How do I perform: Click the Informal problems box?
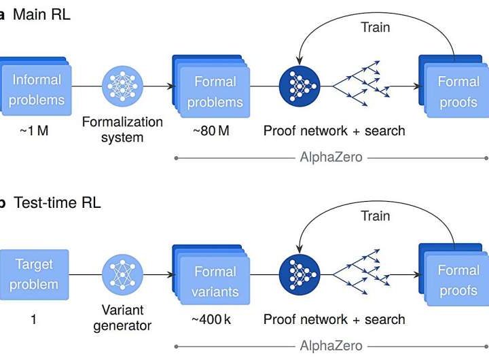point(35,90)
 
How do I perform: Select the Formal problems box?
point(215,92)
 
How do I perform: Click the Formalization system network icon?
point(122,87)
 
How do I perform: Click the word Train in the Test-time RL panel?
point(375,216)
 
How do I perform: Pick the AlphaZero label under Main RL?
point(331,158)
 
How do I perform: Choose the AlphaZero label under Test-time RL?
point(331,346)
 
